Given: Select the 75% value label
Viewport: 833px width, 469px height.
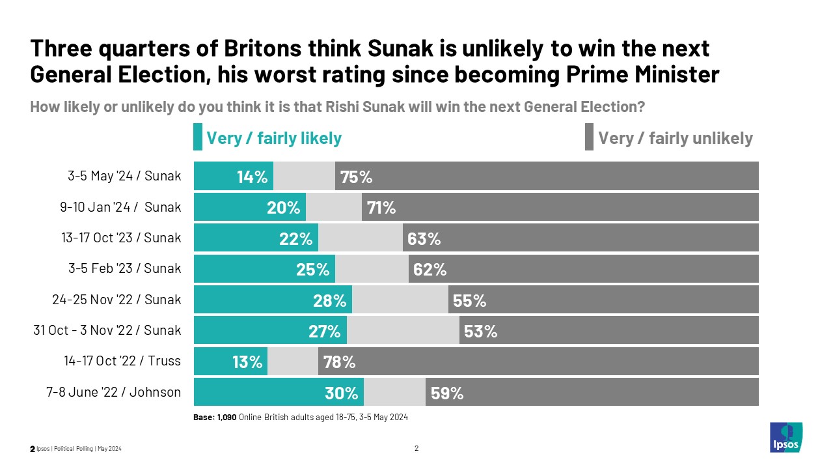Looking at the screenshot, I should click(356, 177).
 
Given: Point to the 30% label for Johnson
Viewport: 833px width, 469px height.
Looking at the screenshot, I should click(342, 393).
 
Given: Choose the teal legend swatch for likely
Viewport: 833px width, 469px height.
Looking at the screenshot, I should click(198, 138).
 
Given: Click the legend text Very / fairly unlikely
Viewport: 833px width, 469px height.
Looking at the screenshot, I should click(675, 138).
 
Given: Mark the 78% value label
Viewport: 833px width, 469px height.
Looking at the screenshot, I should click(339, 362).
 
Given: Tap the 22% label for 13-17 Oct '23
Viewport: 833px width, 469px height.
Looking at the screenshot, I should click(296, 238).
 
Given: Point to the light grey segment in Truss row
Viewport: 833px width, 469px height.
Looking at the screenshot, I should click(293, 362).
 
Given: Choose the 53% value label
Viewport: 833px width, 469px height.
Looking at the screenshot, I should click(481, 331).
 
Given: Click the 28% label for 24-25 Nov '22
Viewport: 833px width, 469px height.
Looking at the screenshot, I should click(329, 300).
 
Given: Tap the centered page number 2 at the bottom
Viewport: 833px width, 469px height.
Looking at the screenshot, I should click(416, 448).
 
